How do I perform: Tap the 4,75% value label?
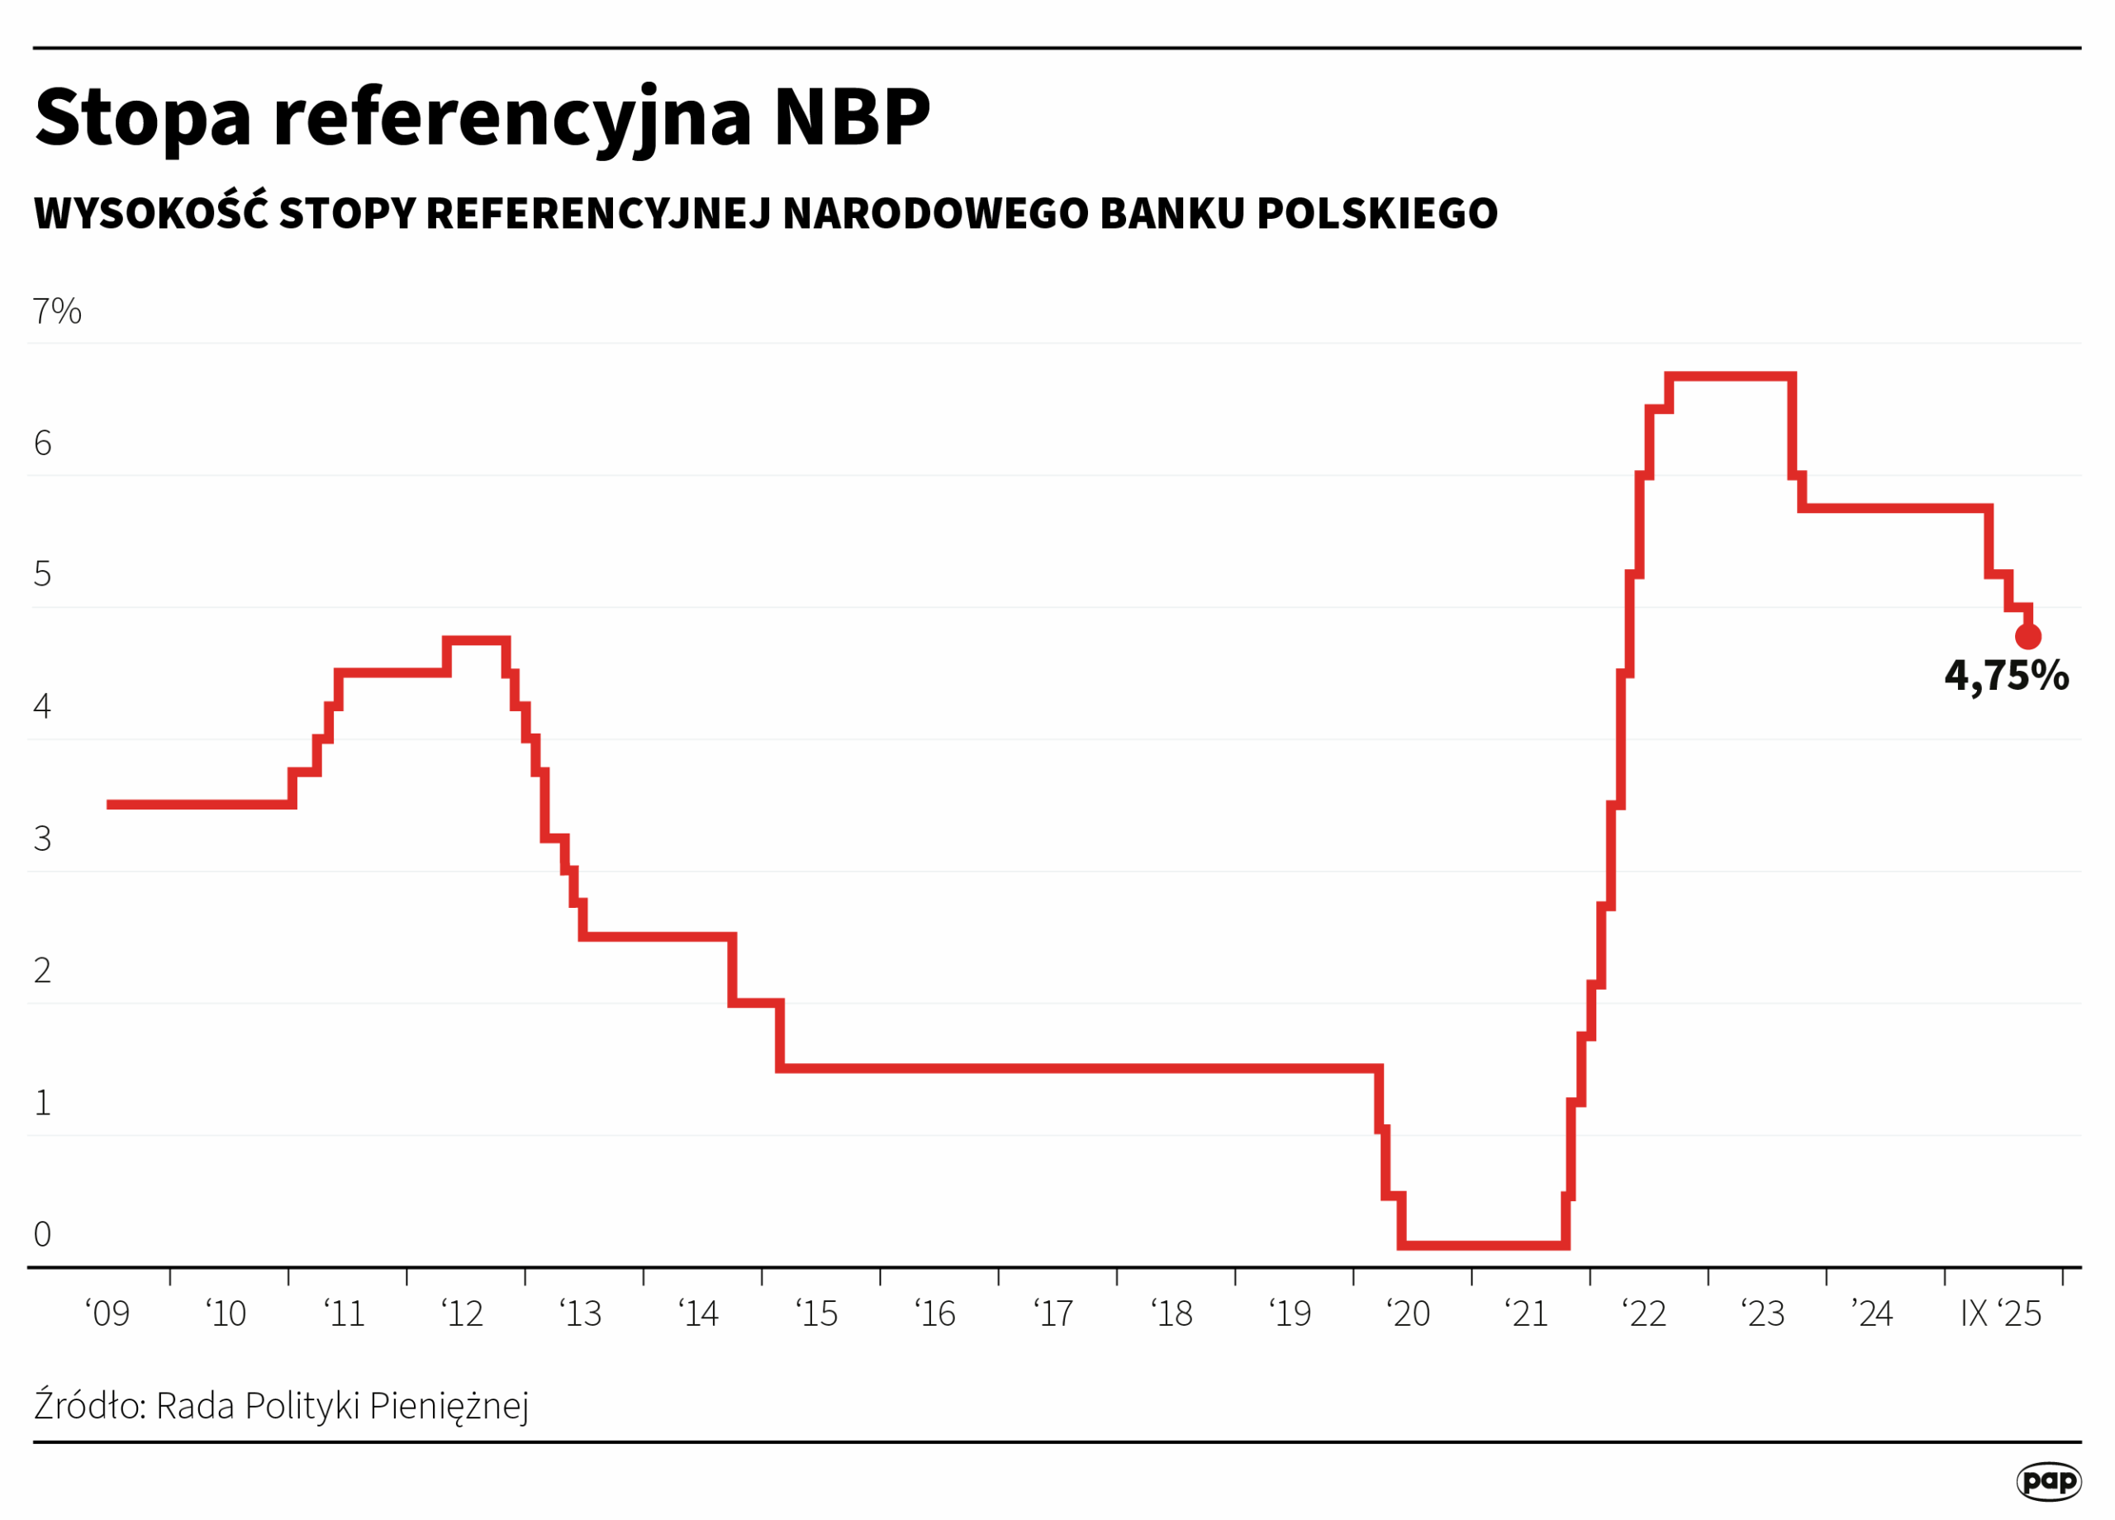pos(2006,675)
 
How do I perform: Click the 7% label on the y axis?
pos(57,311)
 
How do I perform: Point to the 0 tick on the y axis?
pos(42,1235)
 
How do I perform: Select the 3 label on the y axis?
pos(42,839)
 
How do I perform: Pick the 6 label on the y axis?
pos(42,443)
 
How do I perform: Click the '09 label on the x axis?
pos(107,1314)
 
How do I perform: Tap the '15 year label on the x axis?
pos(817,1314)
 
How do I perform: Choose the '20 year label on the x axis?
pos(1408,1314)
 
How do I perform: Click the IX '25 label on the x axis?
pos(2000,1314)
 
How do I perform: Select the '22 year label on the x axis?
pos(1644,1314)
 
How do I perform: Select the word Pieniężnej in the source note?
pos(449,1407)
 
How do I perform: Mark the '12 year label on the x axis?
pos(463,1314)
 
